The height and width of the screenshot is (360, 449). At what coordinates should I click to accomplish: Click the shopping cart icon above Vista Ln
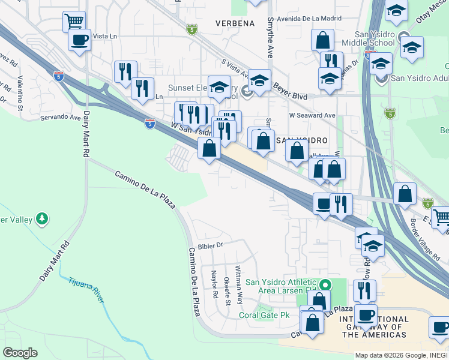[74, 22]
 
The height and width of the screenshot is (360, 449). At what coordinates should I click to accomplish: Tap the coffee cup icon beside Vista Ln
[79, 40]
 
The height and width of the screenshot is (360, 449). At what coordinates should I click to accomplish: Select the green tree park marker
[42, 219]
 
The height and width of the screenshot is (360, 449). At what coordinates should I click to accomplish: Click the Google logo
[20, 352]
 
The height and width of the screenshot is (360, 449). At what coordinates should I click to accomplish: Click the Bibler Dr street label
[210, 245]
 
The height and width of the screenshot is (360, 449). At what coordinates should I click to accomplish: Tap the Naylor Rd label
[214, 284]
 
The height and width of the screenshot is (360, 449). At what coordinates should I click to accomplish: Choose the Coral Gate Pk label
[264, 314]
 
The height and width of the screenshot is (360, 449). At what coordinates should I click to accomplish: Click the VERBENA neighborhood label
[235, 23]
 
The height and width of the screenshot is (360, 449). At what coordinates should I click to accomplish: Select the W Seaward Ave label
[312, 115]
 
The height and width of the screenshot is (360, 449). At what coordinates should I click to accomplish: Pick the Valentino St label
[20, 93]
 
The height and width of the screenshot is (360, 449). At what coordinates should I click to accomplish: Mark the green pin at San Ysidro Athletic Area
[325, 284]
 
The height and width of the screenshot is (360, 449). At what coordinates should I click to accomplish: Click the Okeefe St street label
[227, 290]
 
